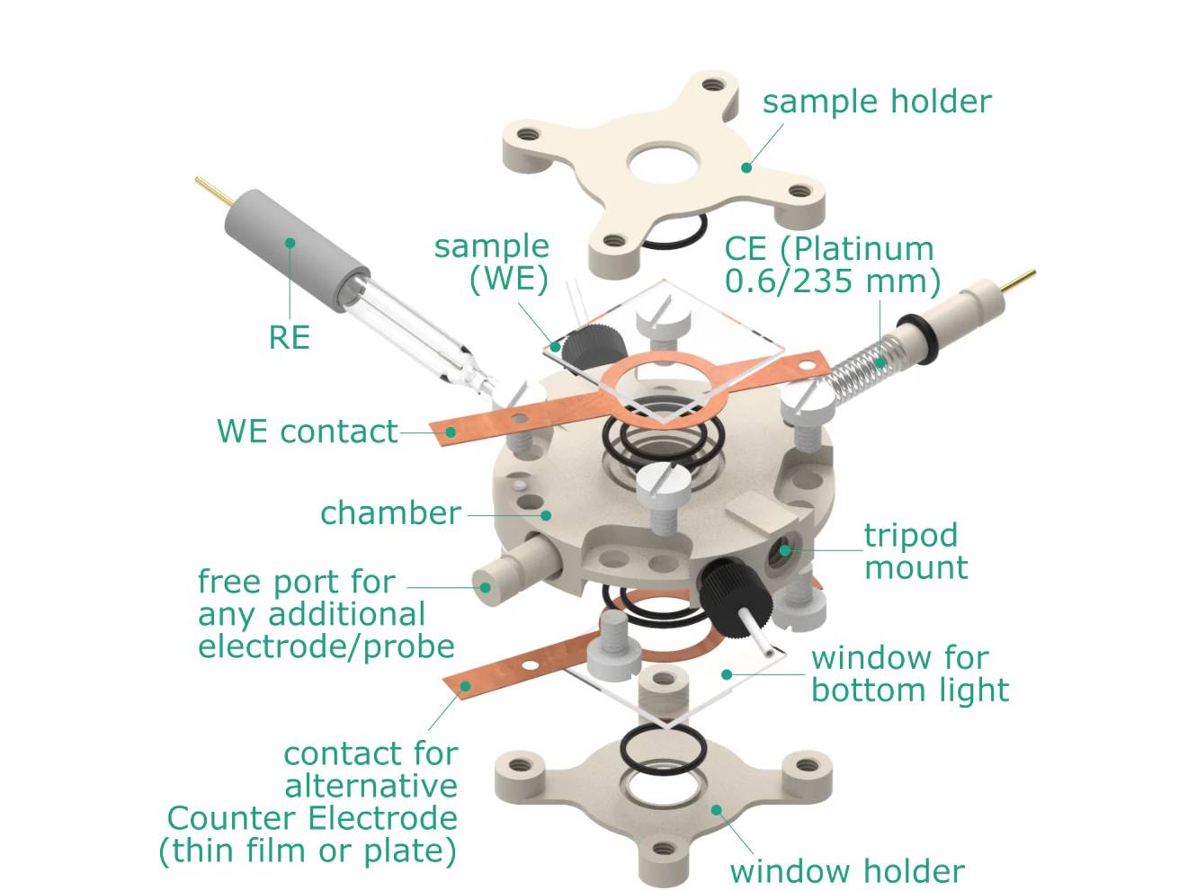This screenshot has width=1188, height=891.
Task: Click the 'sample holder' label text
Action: [876, 102]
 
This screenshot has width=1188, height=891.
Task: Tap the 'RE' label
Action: [289, 337]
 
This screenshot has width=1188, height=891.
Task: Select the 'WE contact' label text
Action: [307, 432]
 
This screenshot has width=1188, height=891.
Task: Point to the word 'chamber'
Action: [390, 513]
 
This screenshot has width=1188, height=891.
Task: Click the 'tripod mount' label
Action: [916, 551]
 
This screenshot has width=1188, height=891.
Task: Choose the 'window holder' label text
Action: [846, 871]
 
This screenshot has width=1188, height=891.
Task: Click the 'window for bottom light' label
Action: [909, 673]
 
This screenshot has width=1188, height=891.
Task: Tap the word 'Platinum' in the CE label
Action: [863, 249]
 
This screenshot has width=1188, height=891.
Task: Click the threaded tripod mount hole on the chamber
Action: [784, 550]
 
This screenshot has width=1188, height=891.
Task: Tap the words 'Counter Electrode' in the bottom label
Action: [312, 818]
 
